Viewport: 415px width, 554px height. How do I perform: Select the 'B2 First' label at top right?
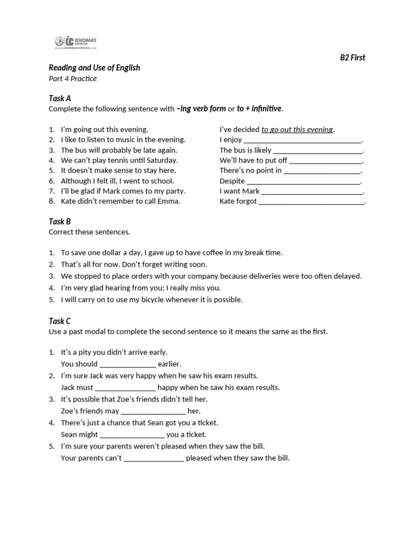pyautogui.click(x=352, y=57)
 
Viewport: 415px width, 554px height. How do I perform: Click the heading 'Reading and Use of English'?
pyautogui.click(x=94, y=68)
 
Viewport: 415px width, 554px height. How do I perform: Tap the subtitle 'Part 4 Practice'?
pyautogui.click(x=72, y=78)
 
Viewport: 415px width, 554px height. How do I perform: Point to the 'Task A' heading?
pyautogui.click(x=59, y=98)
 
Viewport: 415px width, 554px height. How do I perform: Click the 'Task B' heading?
pyautogui.click(x=59, y=221)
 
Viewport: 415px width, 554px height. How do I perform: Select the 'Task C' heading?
pyautogui.click(x=59, y=321)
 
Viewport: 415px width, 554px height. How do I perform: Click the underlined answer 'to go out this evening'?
pyautogui.click(x=297, y=129)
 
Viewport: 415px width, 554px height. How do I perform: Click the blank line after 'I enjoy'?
pyautogui.click(x=303, y=140)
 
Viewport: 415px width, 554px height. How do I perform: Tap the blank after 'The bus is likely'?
pyautogui.click(x=318, y=150)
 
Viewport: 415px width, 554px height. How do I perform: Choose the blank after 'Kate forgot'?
pyautogui.click(x=312, y=202)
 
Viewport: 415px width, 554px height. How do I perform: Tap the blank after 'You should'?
pyautogui.click(x=128, y=364)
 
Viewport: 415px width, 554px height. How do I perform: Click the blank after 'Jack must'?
pyautogui.click(x=125, y=387)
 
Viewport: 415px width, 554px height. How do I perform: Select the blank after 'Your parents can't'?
pyautogui.click(x=154, y=458)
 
